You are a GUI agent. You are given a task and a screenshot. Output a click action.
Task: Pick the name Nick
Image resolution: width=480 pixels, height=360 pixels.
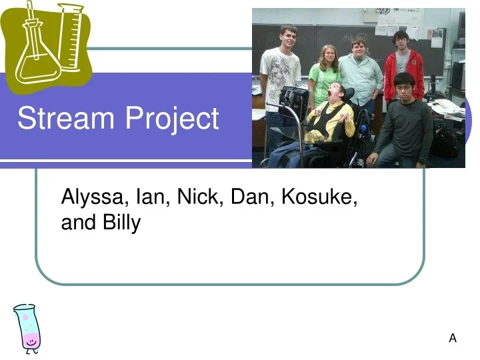point(200,197)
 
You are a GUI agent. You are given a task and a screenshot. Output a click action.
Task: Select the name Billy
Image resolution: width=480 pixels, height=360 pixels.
point(121,223)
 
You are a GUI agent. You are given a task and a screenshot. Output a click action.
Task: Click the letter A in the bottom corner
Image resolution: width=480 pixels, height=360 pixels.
point(453,338)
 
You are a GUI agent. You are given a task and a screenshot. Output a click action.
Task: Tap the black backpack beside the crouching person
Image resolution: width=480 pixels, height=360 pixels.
point(445,140)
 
